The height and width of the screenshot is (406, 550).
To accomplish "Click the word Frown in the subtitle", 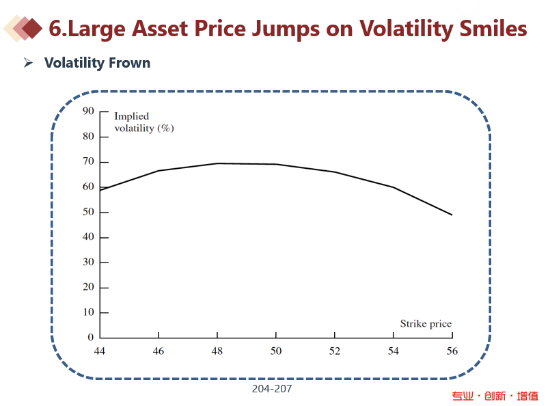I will pos(127,63).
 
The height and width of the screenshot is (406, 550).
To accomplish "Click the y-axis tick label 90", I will pos(87,111).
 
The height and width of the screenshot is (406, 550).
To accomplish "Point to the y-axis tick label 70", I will pos(87,162).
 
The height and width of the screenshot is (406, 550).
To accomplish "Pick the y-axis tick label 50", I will pos(87,212).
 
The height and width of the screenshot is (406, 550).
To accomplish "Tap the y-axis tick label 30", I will pos(87,262).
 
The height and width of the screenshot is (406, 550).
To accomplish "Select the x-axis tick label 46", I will pos(159,350).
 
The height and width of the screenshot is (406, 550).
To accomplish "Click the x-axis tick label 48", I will pos(217,350).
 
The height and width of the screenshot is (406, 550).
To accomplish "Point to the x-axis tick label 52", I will pos(335,350).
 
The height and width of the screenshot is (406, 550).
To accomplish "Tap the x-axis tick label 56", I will pos(452,350).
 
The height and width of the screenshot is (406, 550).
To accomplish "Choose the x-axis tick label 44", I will pos(100,350).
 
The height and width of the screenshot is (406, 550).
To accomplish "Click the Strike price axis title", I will pos(426,324).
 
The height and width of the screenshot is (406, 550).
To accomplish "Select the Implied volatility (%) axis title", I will pos(143,122).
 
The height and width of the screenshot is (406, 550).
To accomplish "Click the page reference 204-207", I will pos(271,388).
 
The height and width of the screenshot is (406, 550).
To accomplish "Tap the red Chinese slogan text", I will pos(495,396).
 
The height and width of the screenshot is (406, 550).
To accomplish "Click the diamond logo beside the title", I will pos(23,28).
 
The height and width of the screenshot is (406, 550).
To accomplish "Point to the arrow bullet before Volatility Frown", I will pos(29,63).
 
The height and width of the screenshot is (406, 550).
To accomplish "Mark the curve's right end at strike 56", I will pos(452,215).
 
